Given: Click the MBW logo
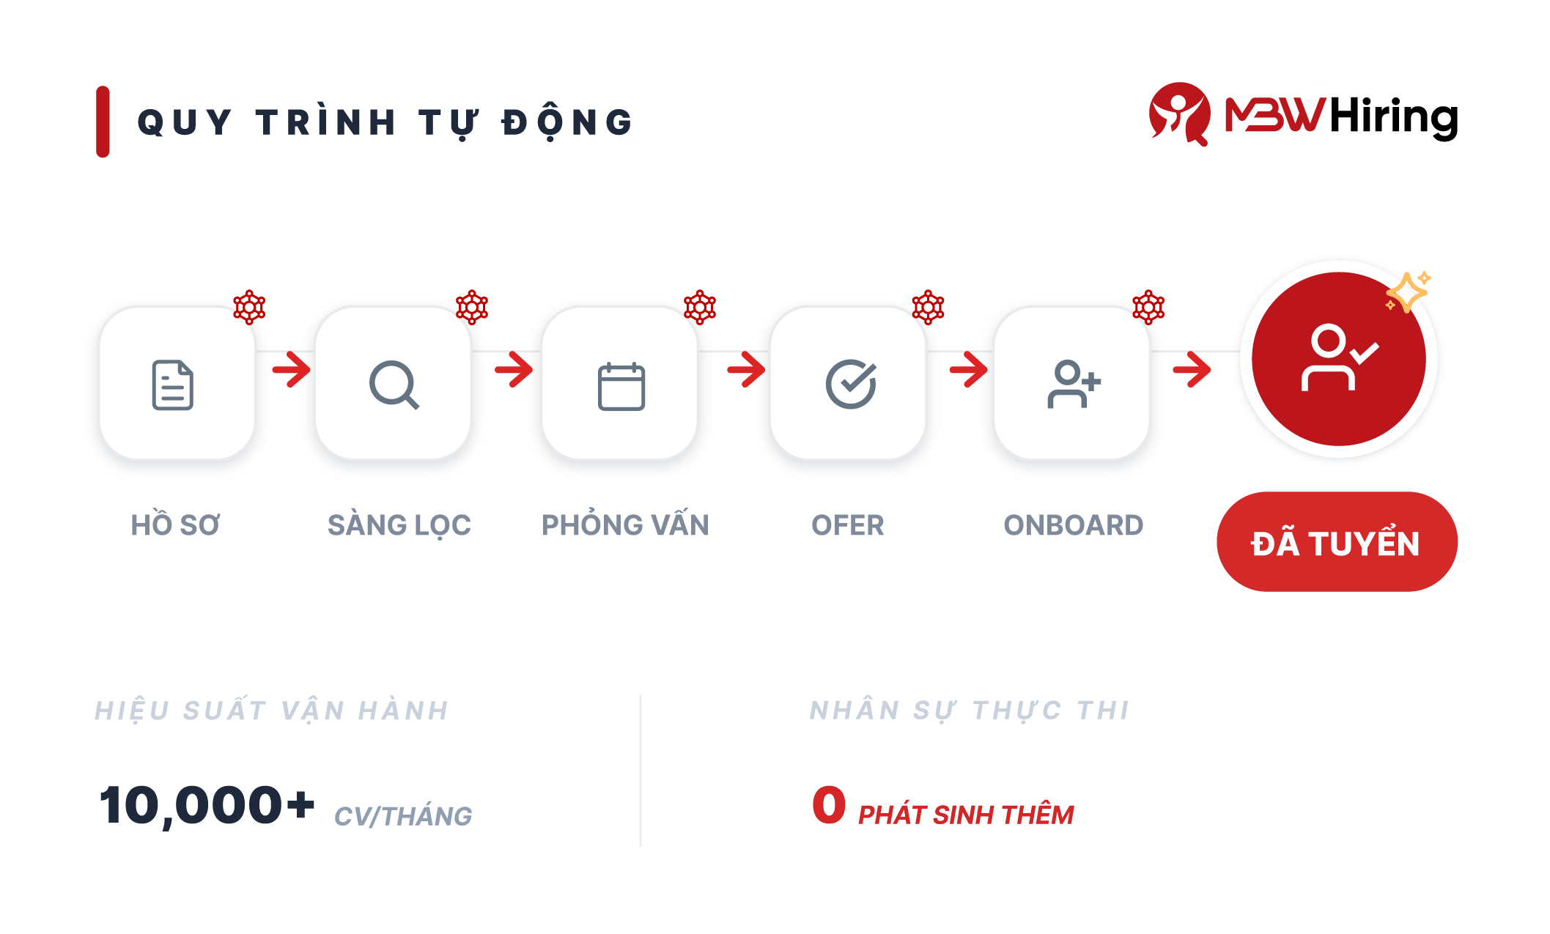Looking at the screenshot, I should [1237, 114].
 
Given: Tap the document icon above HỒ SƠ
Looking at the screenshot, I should [173, 385].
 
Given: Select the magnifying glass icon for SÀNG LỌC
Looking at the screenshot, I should [394, 385].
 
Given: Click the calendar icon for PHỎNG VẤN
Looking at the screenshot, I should [621, 386].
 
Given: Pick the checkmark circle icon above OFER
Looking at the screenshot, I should [850, 384].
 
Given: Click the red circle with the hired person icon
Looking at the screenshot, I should [1338, 359].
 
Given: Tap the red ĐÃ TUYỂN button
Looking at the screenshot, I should [1336, 542].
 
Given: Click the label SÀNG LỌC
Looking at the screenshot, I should [399, 525].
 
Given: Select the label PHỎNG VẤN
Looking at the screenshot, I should [625, 525].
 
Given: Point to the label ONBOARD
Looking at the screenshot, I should [1073, 525].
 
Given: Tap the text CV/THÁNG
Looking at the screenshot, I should [403, 816].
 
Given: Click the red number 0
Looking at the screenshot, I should [829, 804].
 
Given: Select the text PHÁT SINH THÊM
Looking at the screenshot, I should [966, 815].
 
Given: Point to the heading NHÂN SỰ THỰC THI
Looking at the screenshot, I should [970, 710].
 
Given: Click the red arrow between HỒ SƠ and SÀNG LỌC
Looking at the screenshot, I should [292, 369].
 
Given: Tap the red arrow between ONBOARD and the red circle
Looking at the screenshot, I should [1192, 369].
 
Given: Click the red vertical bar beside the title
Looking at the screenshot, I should [103, 122].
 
